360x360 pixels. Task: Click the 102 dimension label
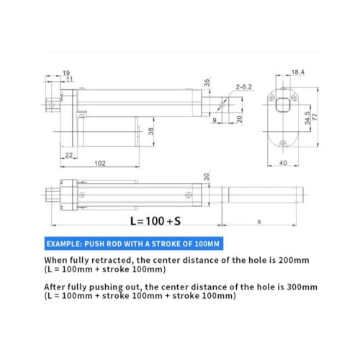tap(100, 163)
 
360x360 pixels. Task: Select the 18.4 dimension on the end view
tap(297, 72)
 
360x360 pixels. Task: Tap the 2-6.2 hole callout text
tap(244, 87)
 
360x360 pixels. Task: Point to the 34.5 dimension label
tap(307, 118)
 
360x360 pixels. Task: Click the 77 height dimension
tap(315, 117)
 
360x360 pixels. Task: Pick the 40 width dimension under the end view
tap(283, 163)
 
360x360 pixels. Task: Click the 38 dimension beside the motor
tap(150, 131)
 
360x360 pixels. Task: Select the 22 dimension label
tap(69, 156)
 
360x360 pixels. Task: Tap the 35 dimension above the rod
tap(207, 83)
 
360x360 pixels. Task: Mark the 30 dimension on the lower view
tap(207, 177)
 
